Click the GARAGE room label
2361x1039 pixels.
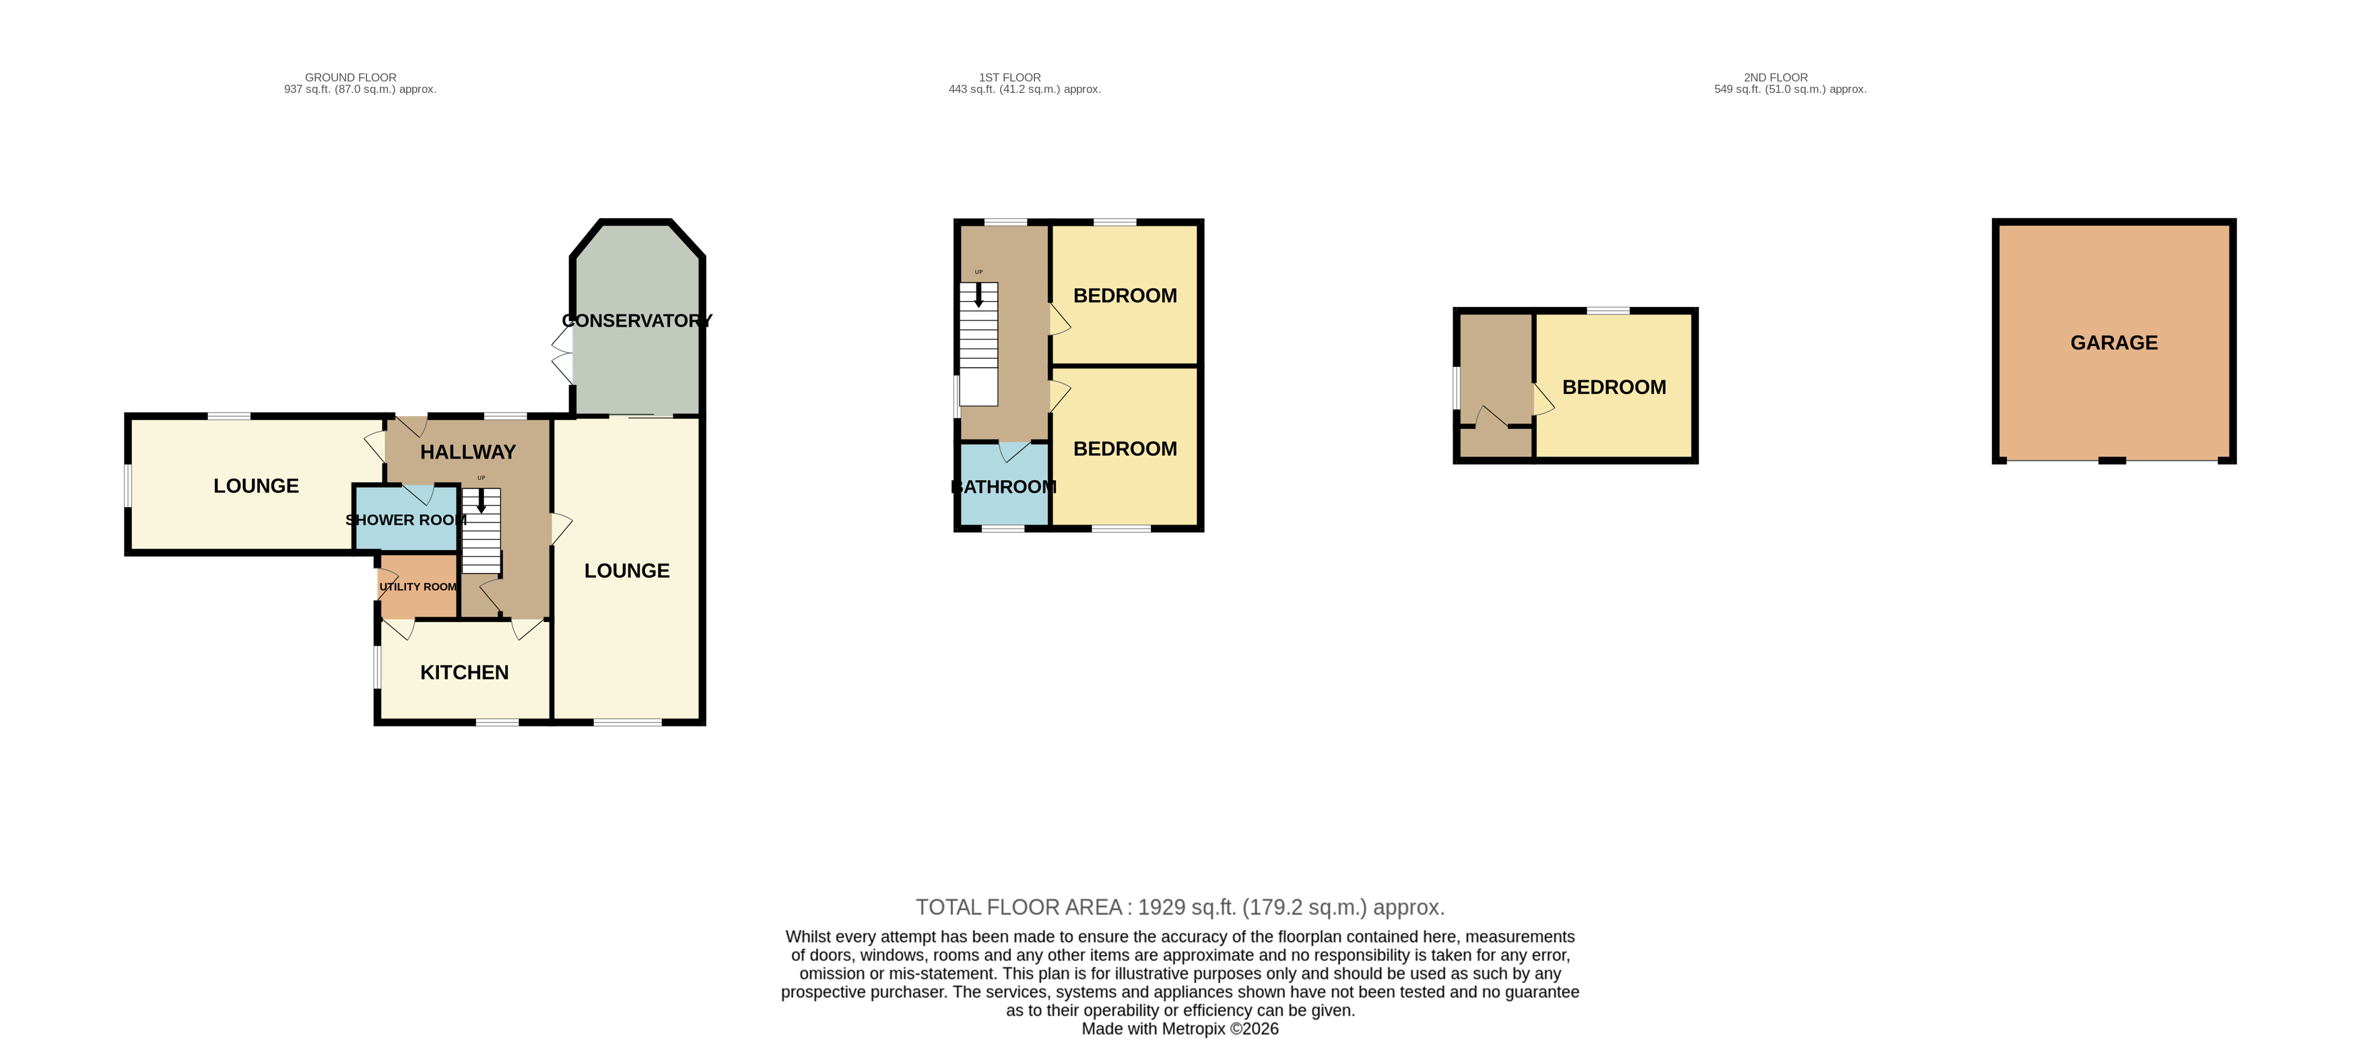[x=2114, y=343]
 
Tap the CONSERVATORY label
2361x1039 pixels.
[x=637, y=321]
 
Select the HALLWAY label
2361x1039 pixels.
[x=467, y=452]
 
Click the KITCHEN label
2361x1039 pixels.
[x=464, y=673]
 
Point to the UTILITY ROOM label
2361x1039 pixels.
[x=418, y=586]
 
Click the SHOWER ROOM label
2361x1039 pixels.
[x=406, y=520]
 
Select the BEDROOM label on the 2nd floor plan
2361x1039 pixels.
[x=1614, y=387]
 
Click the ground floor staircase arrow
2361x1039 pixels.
[x=481, y=500]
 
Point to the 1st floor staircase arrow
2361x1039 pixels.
[x=978, y=294]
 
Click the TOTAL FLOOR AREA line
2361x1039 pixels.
[x=1180, y=907]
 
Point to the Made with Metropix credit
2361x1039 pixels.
[x=1180, y=1029]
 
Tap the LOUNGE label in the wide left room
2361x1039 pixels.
[x=256, y=485]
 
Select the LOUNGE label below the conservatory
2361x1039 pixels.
[x=627, y=571]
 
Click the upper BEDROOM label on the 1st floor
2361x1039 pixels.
[x=1125, y=296]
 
